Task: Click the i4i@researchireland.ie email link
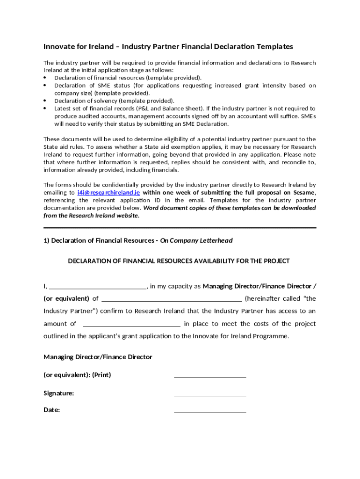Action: [x=108, y=192]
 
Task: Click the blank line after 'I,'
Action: [x=98, y=286]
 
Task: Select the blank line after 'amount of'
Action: [x=131, y=324]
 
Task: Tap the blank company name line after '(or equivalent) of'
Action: [x=172, y=299]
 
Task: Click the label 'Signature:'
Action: [x=59, y=393]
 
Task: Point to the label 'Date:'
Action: [x=52, y=410]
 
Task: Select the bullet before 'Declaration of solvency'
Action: [x=45, y=101]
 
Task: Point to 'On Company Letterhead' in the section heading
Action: [x=196, y=240]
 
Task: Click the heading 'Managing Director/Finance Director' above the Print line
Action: [x=98, y=357]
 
